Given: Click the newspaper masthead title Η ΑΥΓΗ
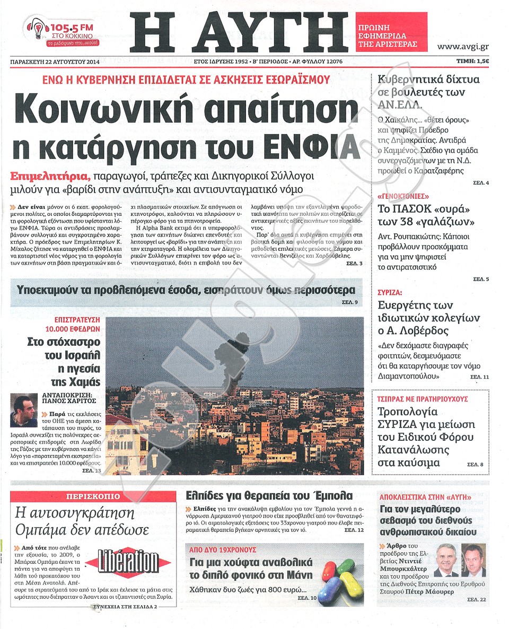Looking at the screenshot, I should click(240, 31).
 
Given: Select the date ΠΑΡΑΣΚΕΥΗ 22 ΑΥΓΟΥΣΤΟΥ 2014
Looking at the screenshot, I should click(55, 62).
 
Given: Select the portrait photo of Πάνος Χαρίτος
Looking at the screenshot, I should click(24, 410).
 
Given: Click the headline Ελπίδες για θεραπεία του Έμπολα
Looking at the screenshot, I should click(269, 495).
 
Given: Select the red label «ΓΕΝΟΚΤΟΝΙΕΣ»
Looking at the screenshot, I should click(402, 196).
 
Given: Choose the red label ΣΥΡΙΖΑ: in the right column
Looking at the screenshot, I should click(390, 292).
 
